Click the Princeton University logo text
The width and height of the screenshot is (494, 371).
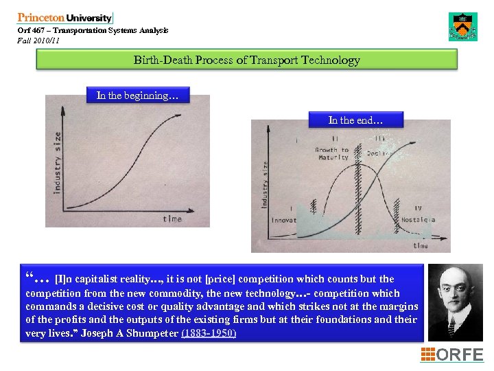64,19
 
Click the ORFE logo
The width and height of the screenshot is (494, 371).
451,355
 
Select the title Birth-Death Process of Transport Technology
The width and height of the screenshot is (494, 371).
246,60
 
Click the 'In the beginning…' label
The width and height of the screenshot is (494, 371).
137,95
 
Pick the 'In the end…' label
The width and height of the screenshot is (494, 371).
355,120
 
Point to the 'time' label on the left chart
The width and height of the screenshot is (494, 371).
172,218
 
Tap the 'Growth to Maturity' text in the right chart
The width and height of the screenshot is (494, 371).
332,153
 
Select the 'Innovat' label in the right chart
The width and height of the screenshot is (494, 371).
283,221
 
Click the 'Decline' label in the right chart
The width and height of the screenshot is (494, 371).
379,153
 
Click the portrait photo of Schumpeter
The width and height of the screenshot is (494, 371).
455,302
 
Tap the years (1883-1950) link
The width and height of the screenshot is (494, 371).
209,333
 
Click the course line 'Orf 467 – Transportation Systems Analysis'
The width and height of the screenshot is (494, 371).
93,31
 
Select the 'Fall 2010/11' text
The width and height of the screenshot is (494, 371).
39,41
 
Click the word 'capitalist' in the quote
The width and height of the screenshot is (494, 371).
115,279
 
